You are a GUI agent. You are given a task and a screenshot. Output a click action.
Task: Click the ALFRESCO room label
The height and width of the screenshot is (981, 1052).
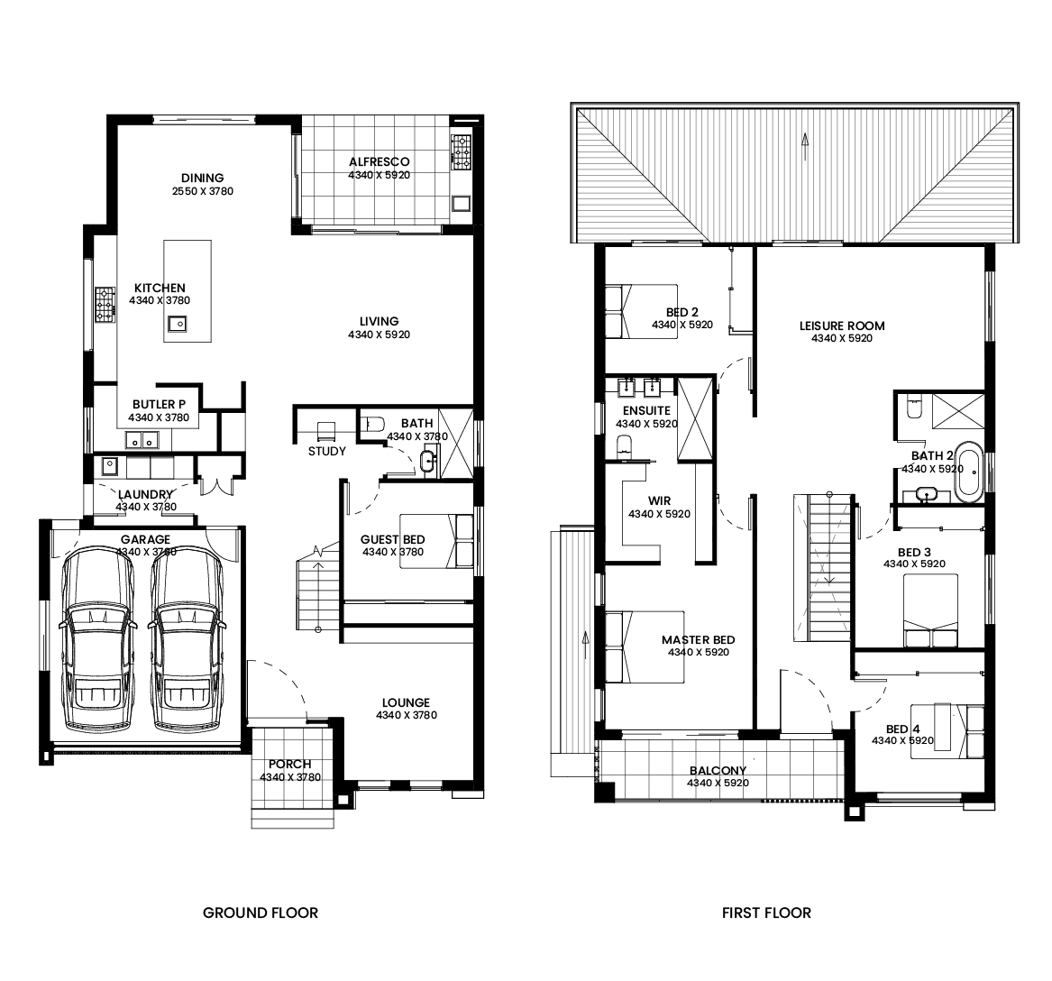(380, 161)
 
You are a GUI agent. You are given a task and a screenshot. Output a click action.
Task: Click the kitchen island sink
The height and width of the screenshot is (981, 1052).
(178, 324)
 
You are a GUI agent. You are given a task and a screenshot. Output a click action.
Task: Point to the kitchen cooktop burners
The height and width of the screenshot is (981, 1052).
(105, 305)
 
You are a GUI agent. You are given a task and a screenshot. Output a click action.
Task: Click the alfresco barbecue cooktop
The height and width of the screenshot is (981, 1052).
(461, 151)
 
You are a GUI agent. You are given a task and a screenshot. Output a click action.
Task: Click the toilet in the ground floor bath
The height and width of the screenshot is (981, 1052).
(371, 424)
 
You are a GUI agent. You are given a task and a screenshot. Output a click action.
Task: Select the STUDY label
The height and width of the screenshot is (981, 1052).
(327, 452)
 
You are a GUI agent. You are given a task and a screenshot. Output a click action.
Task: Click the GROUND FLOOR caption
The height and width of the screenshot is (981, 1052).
(261, 912)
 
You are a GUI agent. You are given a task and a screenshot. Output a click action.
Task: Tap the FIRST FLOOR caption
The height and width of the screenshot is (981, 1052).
(766, 912)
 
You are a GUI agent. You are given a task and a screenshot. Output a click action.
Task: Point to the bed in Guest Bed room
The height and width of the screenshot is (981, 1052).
(437, 541)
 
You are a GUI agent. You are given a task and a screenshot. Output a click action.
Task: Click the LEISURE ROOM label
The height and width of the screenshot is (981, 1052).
(842, 326)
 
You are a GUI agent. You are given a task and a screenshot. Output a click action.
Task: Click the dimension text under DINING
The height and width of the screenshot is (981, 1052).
(203, 191)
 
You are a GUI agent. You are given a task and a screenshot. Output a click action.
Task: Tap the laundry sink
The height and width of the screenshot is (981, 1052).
(109, 465)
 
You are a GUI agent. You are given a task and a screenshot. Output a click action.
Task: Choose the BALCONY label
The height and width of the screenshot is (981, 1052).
(718, 771)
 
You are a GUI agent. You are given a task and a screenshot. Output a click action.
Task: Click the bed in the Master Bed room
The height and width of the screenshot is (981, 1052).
(645, 646)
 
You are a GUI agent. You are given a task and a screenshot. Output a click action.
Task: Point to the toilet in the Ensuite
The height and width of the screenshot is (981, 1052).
(625, 445)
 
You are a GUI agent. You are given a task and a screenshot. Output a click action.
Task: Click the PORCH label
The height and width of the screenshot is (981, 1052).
(290, 765)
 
